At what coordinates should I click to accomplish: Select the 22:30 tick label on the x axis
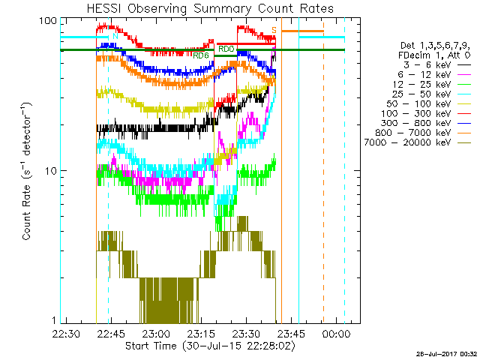(67, 333)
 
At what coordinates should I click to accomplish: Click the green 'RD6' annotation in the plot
(200, 55)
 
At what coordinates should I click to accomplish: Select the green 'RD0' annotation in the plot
(226, 49)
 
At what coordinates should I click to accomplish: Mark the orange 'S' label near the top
(274, 30)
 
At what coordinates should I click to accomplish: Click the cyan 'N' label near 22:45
(115, 35)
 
